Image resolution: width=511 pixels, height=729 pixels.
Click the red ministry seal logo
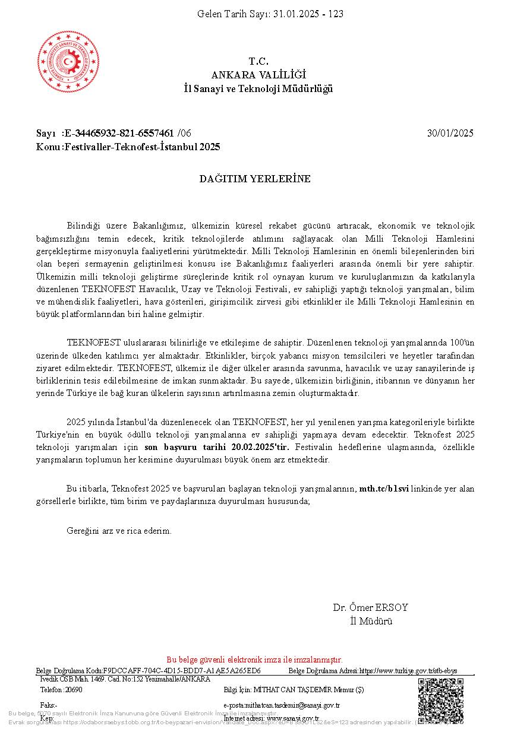(69, 62)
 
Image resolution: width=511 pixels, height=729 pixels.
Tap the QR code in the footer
(440, 700)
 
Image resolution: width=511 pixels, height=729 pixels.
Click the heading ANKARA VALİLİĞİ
(258, 75)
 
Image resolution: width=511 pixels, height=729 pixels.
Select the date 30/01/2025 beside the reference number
(450, 133)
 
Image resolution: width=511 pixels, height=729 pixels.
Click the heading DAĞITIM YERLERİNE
(255, 179)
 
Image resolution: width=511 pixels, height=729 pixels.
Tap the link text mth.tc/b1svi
(384, 489)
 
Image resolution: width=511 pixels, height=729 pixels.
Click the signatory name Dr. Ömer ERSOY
(370, 608)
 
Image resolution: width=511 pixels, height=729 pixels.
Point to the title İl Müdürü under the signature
(371, 622)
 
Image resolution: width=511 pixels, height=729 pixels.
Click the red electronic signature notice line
(254, 660)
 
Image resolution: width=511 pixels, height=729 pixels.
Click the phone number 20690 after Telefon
(74, 690)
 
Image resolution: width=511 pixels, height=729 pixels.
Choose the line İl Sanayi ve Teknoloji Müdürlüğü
(258, 88)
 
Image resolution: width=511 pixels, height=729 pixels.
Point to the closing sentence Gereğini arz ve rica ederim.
(119, 531)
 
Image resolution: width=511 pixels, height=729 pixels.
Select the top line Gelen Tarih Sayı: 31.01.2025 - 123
(270, 14)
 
